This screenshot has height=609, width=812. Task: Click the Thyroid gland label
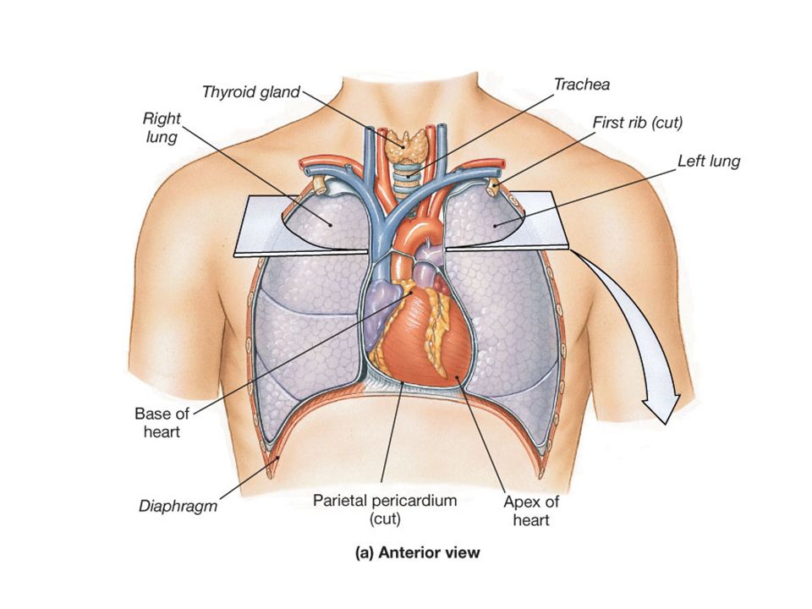point(250,92)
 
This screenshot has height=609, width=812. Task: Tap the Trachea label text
point(582,85)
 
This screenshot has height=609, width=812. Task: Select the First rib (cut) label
point(638,123)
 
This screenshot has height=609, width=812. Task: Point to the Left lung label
point(709,161)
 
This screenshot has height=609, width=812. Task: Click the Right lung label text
point(162,128)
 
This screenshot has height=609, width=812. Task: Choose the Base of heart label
point(162,423)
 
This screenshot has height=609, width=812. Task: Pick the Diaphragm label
point(178,506)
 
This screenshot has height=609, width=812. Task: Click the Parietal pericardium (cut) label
point(385,509)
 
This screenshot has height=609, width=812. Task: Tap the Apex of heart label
point(531,511)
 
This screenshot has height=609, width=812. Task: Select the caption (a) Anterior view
point(417,553)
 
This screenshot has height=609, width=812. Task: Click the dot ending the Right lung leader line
point(330,225)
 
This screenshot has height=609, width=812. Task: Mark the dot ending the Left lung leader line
point(495,225)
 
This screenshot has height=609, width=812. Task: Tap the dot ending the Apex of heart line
point(457,377)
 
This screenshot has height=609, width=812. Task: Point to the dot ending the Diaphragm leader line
point(278,458)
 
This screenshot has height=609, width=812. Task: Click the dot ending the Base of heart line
point(411,292)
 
